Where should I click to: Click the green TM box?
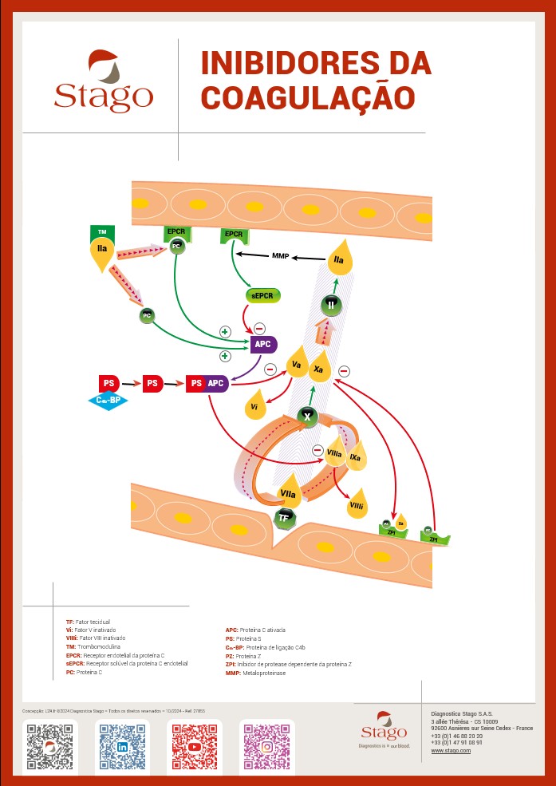tap(102, 232)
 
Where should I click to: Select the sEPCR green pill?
tap(263, 295)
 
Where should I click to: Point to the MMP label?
tap(281, 256)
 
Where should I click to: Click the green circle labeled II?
tap(331, 305)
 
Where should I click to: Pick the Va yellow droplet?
tap(297, 365)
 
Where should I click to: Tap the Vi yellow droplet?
tap(254, 405)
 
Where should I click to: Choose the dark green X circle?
tap(307, 416)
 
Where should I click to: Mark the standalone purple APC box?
tap(262, 345)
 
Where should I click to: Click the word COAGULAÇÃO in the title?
tap(308, 97)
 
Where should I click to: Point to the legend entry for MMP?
tap(255, 673)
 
